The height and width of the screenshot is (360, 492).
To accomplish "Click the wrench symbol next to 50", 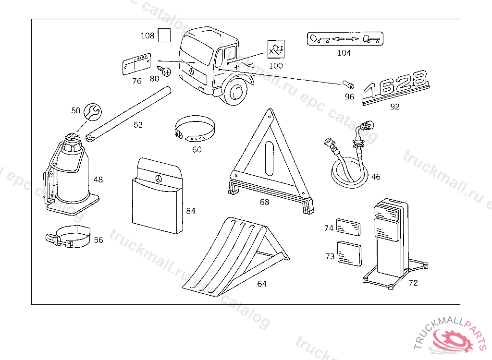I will point(92,111).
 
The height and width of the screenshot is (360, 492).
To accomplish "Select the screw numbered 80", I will point(167,72).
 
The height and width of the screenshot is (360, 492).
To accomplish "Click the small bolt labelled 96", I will point(348,85).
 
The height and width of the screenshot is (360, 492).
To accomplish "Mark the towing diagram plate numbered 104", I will point(344,39).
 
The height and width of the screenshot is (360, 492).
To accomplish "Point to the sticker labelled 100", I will point(276,50).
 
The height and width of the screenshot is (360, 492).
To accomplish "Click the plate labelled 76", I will point(136,65).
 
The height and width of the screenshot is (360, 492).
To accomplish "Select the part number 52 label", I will point(138,125).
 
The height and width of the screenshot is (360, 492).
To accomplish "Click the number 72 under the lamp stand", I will point(413,283).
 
